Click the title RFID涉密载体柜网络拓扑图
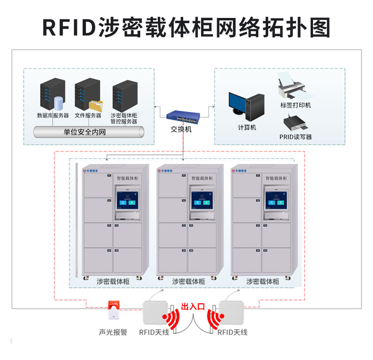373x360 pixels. click(x=186, y=27)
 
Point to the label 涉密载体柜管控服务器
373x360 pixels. click(x=124, y=118)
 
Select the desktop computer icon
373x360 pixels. click(x=246, y=107)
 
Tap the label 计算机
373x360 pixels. click(x=247, y=128)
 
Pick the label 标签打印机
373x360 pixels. click(x=296, y=105)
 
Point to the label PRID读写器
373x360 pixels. click(x=296, y=137)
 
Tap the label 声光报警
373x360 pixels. click(x=113, y=333)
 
